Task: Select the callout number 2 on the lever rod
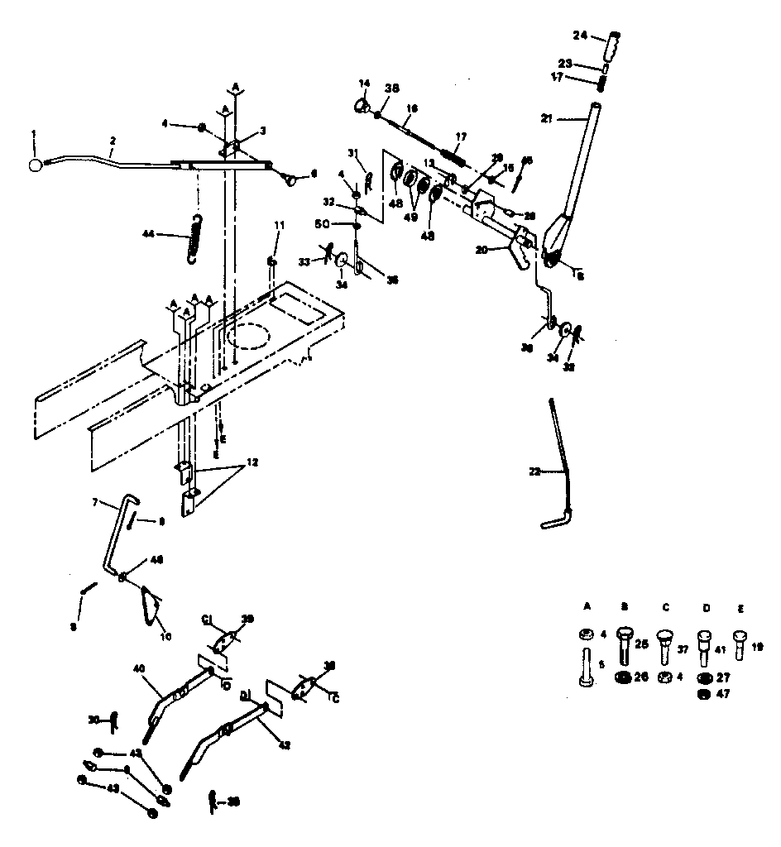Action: tap(113, 141)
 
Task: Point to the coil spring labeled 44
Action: tap(196, 238)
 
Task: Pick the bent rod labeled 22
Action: tap(558, 463)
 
